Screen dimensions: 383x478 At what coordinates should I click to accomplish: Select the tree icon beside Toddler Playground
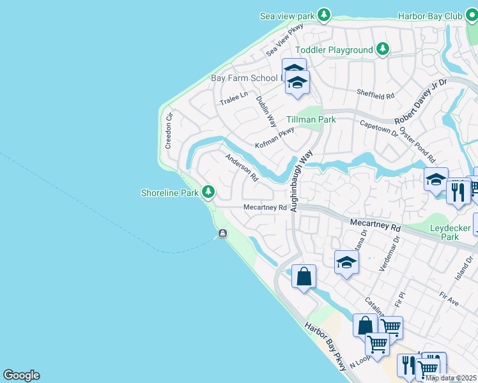pyautogui.click(x=382, y=49)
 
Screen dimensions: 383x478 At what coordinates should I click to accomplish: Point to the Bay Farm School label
pyautogui.click(x=245, y=79)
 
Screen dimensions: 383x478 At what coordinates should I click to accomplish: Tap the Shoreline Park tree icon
pyautogui.click(x=208, y=191)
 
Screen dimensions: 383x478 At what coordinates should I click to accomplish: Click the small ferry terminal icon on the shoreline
pyautogui.click(x=222, y=234)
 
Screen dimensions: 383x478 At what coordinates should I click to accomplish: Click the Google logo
pyautogui.click(x=21, y=375)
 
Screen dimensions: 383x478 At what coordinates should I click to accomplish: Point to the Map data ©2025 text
pyautogui.click(x=451, y=378)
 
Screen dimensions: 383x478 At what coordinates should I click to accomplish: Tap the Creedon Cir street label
pyautogui.click(x=169, y=131)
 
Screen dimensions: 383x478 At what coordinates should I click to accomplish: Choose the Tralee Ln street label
pyautogui.click(x=233, y=98)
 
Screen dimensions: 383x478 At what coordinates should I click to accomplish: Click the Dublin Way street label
pyautogui.click(x=266, y=110)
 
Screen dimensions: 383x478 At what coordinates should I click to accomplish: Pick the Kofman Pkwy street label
pyautogui.click(x=274, y=137)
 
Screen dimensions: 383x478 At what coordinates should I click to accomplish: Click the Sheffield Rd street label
pyautogui.click(x=376, y=94)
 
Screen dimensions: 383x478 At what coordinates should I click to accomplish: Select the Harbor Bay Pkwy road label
pyautogui.click(x=326, y=347)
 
